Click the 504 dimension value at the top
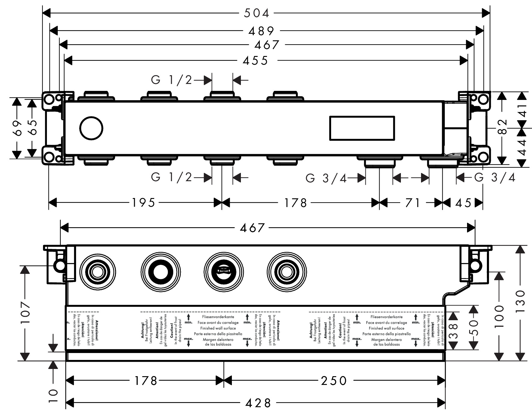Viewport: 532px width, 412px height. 257,13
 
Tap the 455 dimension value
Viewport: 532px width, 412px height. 256,61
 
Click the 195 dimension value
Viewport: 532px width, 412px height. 143,203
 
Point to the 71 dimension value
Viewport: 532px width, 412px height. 413,203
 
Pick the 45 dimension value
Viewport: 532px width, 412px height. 463,203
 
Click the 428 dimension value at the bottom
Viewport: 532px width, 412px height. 258,403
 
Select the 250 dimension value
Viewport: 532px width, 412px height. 334,381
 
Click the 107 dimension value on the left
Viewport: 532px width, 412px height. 25,313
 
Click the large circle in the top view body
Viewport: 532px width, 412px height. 91,128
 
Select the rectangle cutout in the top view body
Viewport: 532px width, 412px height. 362,128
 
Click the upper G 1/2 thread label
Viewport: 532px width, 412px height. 171,80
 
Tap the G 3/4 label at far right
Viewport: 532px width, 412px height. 495,178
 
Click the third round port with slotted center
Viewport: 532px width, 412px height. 223,272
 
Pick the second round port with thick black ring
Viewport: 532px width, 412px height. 161,272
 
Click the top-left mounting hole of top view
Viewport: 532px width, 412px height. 49,99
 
